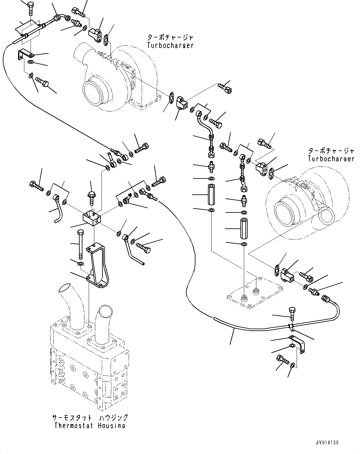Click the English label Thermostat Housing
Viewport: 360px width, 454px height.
tap(89, 426)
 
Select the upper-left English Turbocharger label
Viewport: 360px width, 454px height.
tap(170, 45)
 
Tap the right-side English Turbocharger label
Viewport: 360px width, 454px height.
tap(331, 159)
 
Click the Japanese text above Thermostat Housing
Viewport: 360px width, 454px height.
tap(90, 418)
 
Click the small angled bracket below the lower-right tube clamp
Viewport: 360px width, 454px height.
tap(298, 343)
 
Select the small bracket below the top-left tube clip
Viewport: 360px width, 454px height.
tap(25, 56)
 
